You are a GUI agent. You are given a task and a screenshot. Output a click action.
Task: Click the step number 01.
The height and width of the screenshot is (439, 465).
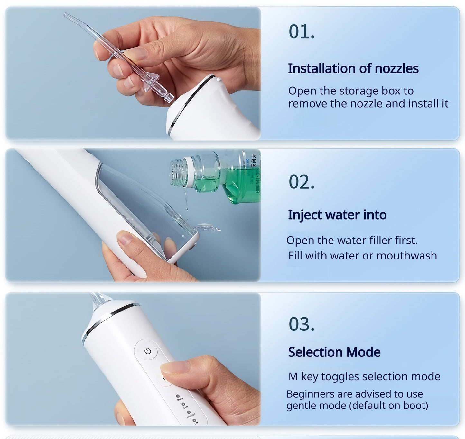pyautogui.click(x=302, y=32)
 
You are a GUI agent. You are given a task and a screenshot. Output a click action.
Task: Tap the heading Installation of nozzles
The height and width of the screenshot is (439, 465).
pyautogui.click(x=353, y=68)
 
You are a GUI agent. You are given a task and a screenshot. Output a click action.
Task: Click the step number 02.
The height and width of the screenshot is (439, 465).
pyautogui.click(x=302, y=182)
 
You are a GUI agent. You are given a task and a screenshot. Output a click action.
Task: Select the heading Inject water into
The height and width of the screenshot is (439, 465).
pyautogui.click(x=337, y=215)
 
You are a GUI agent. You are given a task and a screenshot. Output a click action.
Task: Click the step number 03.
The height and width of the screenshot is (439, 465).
pyautogui.click(x=302, y=324)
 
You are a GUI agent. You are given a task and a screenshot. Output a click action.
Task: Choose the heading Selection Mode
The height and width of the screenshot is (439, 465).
pyautogui.click(x=334, y=352)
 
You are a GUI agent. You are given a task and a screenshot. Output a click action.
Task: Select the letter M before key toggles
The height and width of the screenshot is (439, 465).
pyautogui.click(x=293, y=376)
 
